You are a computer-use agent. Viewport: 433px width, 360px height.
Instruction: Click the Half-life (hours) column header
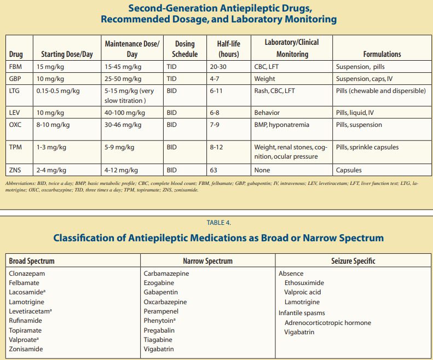tap(228, 49)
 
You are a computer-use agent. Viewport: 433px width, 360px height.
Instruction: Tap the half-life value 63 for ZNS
tap(213, 170)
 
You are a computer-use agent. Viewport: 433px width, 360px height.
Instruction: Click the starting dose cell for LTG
tap(58, 91)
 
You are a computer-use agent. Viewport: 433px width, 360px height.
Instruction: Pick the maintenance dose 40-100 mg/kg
tap(125, 113)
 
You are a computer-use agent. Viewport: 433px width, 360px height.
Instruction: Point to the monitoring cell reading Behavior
tap(267, 113)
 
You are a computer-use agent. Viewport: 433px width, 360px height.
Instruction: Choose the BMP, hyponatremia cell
tap(281, 125)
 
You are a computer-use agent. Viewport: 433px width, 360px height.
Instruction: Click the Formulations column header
tap(382, 54)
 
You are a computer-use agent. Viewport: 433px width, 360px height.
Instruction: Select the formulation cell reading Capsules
tap(349, 170)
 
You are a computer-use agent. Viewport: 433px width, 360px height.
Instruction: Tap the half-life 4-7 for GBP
tap(216, 79)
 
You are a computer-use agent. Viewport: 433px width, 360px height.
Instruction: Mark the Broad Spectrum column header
tap(32, 261)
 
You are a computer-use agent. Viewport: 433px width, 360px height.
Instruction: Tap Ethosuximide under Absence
tap(304, 283)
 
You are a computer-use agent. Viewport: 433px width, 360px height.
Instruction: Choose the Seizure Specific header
tap(353, 261)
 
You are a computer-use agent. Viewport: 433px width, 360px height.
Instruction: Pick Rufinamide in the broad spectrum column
tap(25, 321)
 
